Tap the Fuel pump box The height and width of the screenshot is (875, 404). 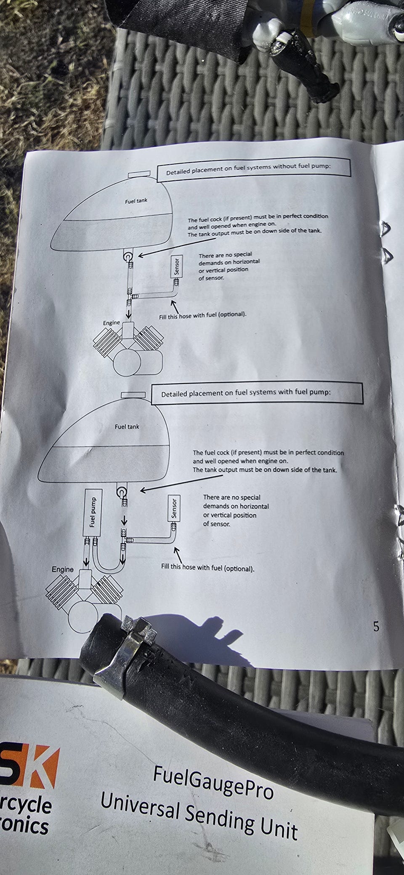[x=92, y=512]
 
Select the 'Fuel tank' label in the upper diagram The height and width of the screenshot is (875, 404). [x=136, y=200]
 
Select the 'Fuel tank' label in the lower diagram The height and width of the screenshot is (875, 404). [x=127, y=427]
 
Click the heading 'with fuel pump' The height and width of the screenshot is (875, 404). [x=246, y=393]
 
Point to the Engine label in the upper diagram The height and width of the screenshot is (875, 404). [x=112, y=323]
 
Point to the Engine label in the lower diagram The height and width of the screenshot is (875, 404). [x=63, y=569]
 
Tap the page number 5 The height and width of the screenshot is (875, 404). [x=376, y=627]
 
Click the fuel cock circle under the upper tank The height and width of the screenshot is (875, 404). [x=128, y=256]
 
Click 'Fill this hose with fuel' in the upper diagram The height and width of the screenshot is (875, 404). [x=202, y=315]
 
